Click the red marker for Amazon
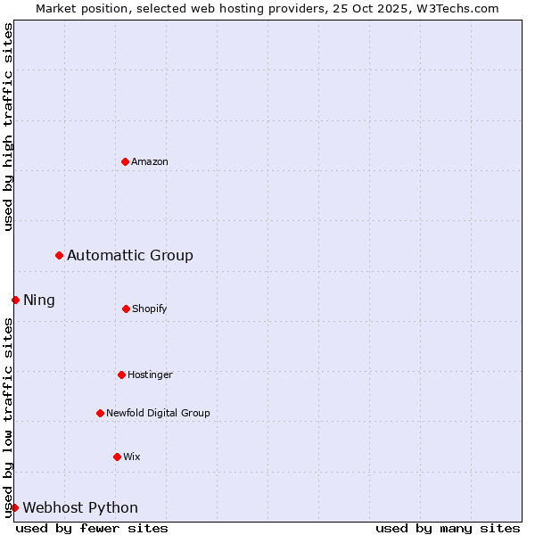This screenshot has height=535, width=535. pos(125,161)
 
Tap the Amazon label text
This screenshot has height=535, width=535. pos(150,161)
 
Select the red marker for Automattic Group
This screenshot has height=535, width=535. pos(60,256)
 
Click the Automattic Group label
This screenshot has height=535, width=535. pos(130,256)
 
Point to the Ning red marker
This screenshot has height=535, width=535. pos(15,300)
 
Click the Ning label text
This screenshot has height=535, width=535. pos(39,300)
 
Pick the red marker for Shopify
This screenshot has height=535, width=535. pos(126,309)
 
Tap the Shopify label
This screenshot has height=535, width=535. pos(150,309)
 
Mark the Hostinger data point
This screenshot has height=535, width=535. pos(121,374)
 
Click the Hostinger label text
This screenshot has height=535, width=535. pos(150,374)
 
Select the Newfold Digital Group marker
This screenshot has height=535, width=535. pos(100,413)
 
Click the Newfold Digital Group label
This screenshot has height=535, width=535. pos(158,413)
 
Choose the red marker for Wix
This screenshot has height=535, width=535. pos(117,457)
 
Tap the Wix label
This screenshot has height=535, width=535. pos(132,457)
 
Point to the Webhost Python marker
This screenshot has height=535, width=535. pos(15,507)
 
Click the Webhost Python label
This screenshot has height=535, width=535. pos(80,508)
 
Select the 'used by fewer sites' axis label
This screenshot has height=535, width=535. pos(92,528)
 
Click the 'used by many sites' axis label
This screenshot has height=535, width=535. pos(448,528)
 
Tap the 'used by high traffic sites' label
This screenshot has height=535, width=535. pos(8,127)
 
